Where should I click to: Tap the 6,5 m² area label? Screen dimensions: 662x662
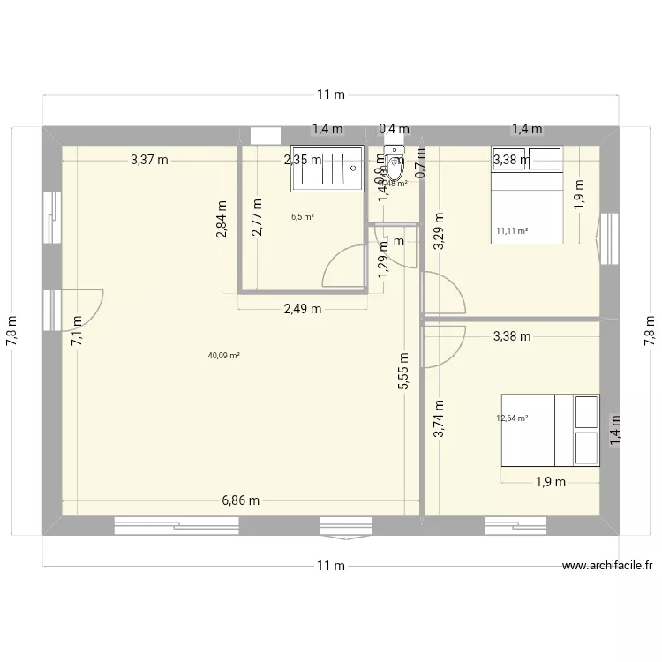(x=304, y=216)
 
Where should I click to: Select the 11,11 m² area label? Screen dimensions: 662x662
(x=512, y=231)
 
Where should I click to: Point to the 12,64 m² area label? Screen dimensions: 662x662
(x=512, y=418)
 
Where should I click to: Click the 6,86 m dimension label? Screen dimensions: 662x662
(x=241, y=500)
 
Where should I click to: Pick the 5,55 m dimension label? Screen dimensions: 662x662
(x=404, y=372)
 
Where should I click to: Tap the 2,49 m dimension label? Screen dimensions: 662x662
(x=302, y=308)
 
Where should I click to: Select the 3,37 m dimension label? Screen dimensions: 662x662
(x=149, y=160)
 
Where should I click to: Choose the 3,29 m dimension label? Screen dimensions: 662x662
(x=440, y=232)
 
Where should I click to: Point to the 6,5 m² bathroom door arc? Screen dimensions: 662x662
(x=342, y=266)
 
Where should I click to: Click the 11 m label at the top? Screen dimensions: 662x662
(x=331, y=94)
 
